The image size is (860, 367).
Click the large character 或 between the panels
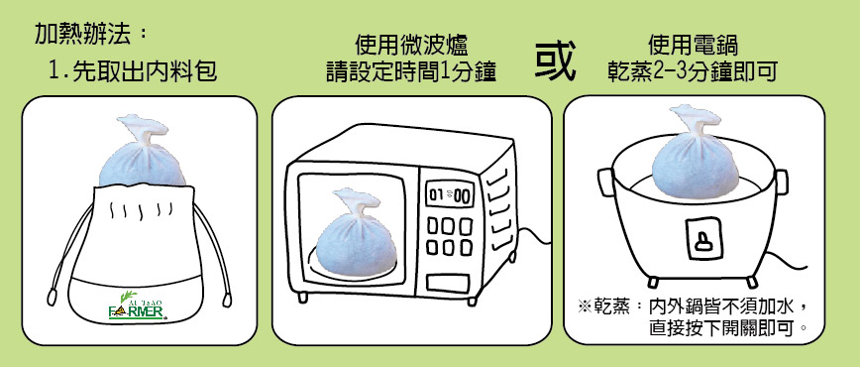tap(555, 60)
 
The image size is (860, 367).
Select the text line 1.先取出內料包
tap(133, 71)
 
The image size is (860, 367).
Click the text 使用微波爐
tap(411, 45)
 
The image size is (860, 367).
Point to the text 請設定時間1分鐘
tap(411, 71)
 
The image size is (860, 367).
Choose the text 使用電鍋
tap(693, 45)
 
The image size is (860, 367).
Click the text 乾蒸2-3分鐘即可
tap(693, 71)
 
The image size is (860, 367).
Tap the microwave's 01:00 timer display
tap(450, 194)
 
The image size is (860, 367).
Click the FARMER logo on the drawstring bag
tap(137, 306)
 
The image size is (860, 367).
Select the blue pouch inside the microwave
tap(349, 233)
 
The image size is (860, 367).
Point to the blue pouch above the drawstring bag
tap(142, 150)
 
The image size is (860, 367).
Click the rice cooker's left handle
tap(606, 182)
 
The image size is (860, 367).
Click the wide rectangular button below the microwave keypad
tap(448, 284)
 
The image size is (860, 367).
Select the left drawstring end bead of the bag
tap(53, 297)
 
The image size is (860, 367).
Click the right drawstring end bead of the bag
tap(227, 299)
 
